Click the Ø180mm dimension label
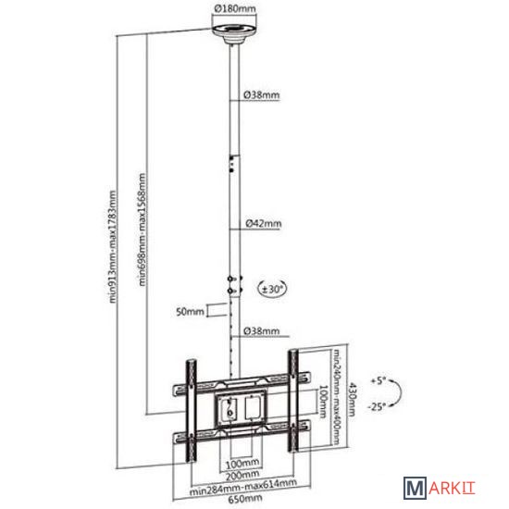pyautogui.click(x=235, y=8)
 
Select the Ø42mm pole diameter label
pyautogui.click(x=263, y=223)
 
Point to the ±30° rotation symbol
pyautogui.click(x=272, y=288)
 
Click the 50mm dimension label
pyautogui.click(x=191, y=312)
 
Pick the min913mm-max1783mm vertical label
pyautogui.click(x=112, y=247)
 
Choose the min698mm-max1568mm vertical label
pyautogui.click(x=142, y=230)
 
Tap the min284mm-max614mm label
pyautogui.click(x=243, y=487)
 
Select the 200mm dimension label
pyautogui.click(x=242, y=476)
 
